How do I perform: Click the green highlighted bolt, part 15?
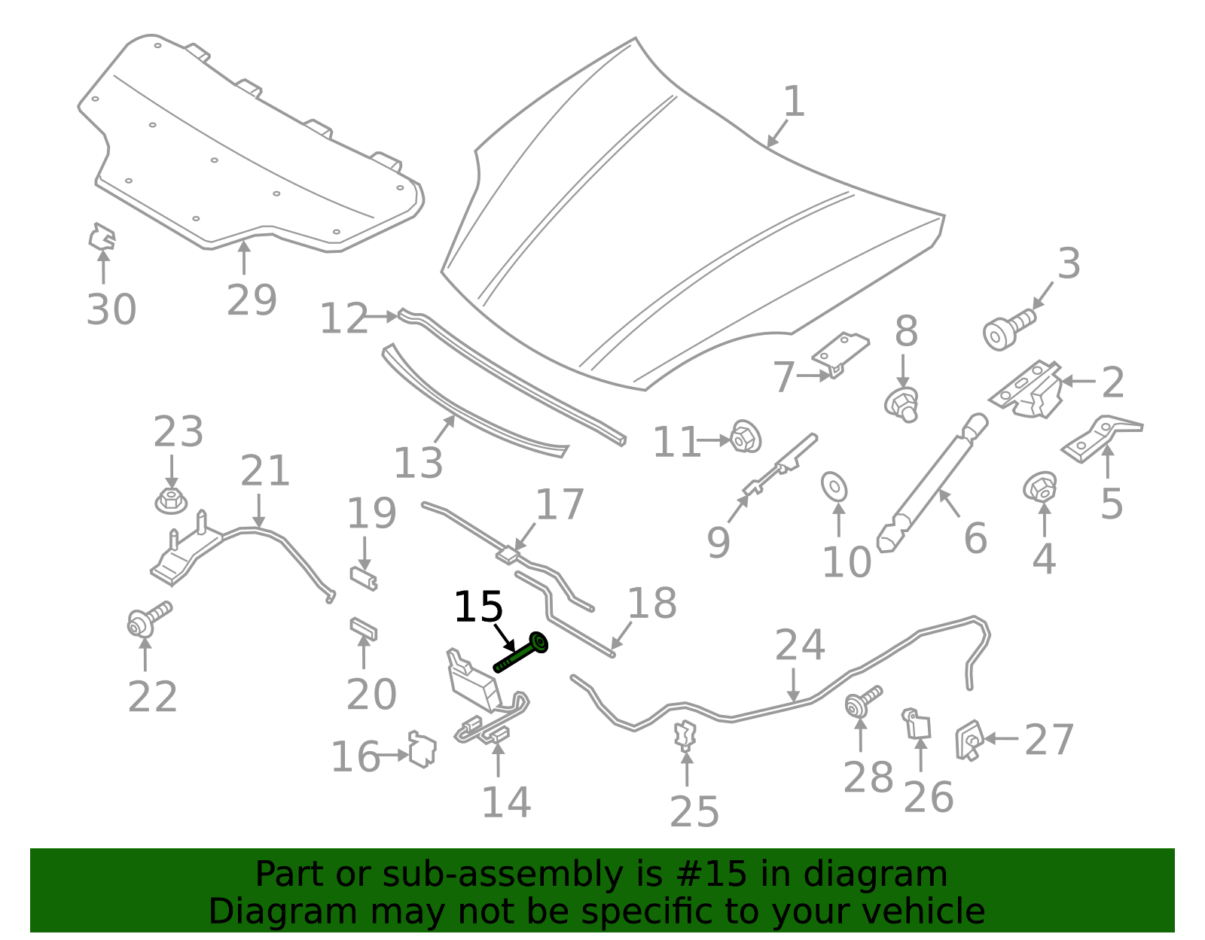tap(520, 653)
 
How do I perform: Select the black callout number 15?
tap(478, 607)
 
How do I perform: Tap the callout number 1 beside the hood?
tap(795, 102)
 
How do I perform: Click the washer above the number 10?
tap(834, 486)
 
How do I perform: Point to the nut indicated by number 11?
tap(746, 437)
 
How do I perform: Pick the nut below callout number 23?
tap(171, 500)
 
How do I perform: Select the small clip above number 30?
tap(102, 236)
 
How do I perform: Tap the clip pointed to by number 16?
tap(423, 750)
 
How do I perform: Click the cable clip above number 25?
tap(685, 735)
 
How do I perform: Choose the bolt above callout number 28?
tap(863, 701)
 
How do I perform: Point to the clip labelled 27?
tap(969, 740)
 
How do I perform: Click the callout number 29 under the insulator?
tap(252, 300)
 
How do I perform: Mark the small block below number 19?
tap(364, 578)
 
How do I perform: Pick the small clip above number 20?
tap(364, 629)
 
